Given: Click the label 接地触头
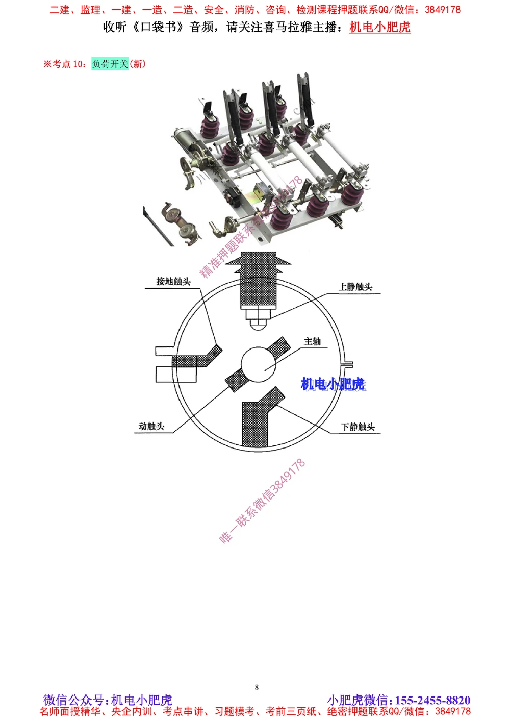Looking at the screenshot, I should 173,282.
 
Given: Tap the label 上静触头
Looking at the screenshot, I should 355,287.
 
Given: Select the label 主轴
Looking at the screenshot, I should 312,341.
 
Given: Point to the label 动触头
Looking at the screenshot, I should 151,426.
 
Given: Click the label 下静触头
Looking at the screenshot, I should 358,427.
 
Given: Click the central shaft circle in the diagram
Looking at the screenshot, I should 258,364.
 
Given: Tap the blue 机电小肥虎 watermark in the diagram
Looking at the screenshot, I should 333,384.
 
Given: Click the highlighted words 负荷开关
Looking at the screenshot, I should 110,64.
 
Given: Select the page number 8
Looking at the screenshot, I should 257,687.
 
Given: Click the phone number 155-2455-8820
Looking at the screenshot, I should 432,700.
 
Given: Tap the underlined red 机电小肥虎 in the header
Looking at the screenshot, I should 380,27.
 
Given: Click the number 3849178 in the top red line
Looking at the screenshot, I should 442,10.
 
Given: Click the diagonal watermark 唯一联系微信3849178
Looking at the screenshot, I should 262,501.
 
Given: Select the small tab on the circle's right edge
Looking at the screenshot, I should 348,364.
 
